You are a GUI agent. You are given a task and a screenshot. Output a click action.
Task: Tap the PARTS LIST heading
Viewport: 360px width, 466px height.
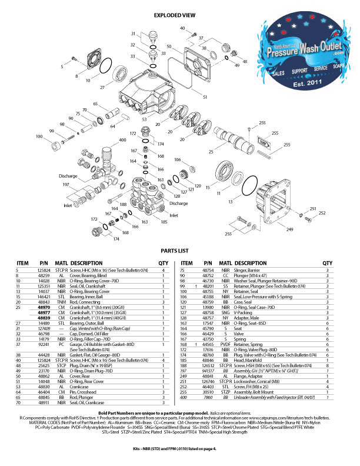click(x=179, y=249)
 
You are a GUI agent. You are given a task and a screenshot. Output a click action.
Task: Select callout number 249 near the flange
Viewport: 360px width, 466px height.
click(x=289, y=230)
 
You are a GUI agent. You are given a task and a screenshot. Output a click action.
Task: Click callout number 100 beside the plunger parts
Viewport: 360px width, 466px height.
click(x=39, y=136)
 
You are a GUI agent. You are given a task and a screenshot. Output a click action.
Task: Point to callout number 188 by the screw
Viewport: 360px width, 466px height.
click(x=124, y=204)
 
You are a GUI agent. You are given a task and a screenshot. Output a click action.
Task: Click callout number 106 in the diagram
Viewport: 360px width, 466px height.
click(x=177, y=159)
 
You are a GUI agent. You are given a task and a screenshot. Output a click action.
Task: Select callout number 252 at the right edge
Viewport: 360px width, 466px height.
click(x=322, y=213)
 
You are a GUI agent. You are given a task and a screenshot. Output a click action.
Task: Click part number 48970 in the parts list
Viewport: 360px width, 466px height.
click(x=44, y=307)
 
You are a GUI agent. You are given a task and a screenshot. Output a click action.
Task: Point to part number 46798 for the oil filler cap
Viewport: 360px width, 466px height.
click(x=44, y=333)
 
